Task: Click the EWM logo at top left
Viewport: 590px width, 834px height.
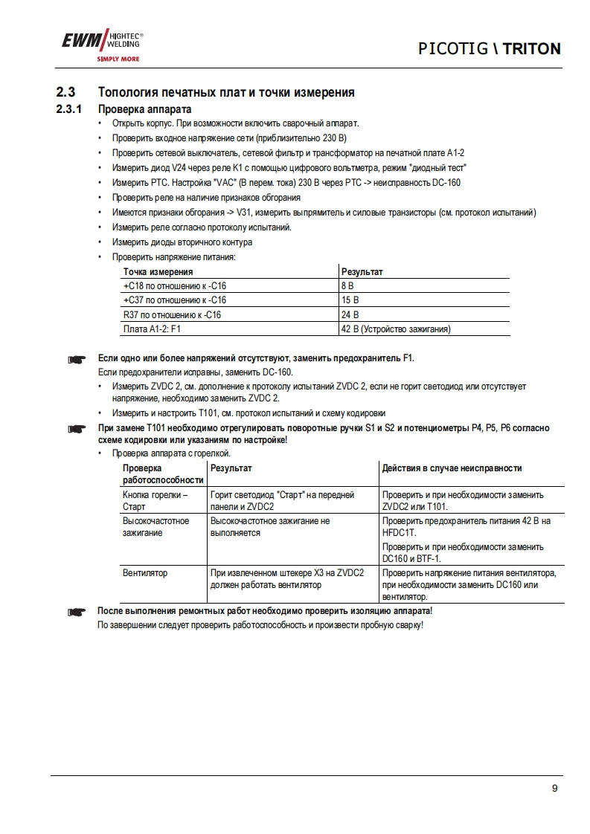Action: (x=100, y=45)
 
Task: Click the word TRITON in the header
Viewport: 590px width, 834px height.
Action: (x=531, y=49)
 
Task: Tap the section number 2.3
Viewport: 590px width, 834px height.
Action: (x=66, y=93)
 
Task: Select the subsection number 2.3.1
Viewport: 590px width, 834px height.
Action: (x=69, y=109)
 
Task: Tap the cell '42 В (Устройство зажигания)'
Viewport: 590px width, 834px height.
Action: (x=396, y=329)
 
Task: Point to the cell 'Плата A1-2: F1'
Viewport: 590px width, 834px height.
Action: (x=152, y=329)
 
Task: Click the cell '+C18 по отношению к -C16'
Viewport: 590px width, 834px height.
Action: (x=174, y=286)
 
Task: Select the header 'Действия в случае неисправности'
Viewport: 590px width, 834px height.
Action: (x=452, y=468)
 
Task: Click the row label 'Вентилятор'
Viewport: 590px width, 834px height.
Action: (x=145, y=573)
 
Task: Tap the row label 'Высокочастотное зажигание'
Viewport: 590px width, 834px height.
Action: (x=155, y=527)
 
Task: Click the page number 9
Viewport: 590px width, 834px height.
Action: (x=555, y=789)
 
